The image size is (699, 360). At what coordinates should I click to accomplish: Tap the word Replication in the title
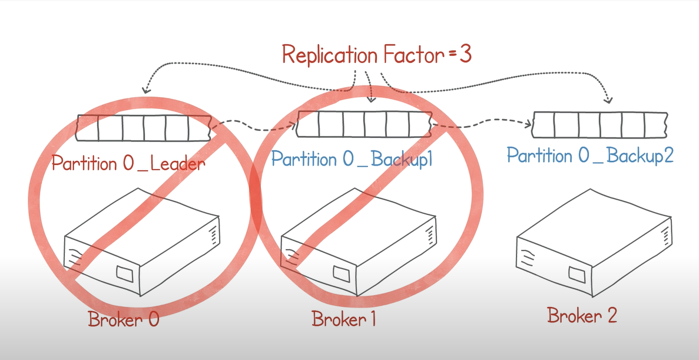(329, 55)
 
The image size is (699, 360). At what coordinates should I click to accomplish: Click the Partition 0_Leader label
(128, 163)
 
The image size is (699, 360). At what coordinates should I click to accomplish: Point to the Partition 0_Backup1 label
(352, 159)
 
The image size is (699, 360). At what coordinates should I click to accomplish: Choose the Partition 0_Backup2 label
(589, 156)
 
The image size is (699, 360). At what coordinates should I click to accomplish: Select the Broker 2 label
(582, 315)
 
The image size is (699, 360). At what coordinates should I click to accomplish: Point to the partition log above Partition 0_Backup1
(364, 124)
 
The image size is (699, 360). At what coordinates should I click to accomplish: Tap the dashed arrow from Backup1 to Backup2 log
(483, 124)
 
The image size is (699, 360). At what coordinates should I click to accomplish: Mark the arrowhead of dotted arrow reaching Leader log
(145, 91)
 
